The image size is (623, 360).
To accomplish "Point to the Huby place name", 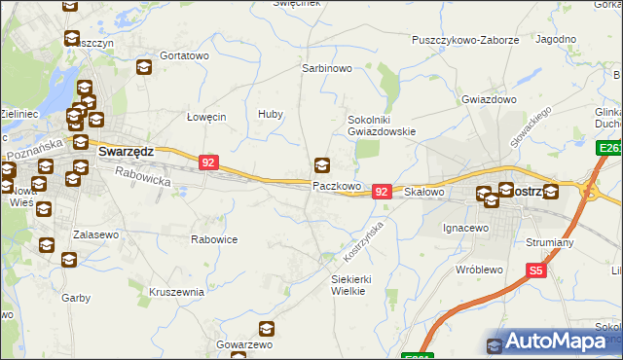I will pos(271,115).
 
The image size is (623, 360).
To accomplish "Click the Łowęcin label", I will pos(206,116).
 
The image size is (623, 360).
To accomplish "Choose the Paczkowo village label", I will pos(337,185).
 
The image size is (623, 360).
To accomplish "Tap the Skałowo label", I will pos(423,193).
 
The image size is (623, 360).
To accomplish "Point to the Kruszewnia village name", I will pos(177,291).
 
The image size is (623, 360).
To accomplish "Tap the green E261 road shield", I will pos(609,147).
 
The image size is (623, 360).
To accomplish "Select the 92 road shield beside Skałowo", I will pos(382,193).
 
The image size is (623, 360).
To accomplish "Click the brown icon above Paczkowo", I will pos(322,165).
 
